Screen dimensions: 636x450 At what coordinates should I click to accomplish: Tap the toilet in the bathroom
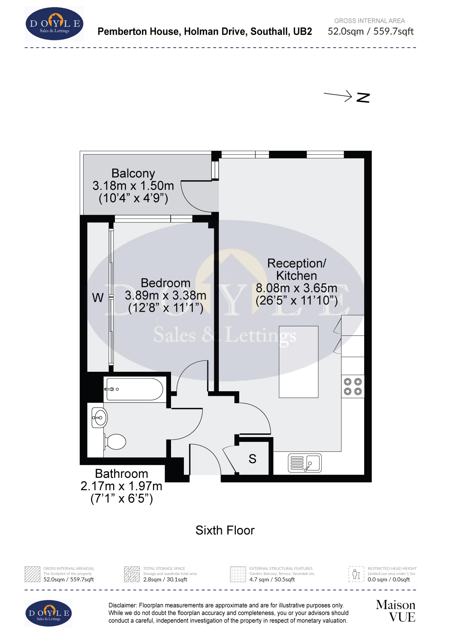[x=115, y=442]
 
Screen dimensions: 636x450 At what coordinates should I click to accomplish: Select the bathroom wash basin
[x=99, y=418]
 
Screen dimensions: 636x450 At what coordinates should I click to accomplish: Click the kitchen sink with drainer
[x=305, y=463]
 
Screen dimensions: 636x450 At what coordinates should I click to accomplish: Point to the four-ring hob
[x=353, y=387]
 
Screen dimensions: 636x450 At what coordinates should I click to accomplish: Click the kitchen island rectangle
[x=298, y=362]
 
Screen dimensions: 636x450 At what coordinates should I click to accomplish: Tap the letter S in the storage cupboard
[x=253, y=459]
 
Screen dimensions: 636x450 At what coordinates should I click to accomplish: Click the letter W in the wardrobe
[x=98, y=298]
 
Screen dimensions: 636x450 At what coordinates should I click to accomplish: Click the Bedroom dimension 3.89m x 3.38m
[x=165, y=296]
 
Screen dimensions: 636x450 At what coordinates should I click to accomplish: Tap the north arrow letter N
[x=363, y=98]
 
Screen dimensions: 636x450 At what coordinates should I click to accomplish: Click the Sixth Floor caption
[x=225, y=530]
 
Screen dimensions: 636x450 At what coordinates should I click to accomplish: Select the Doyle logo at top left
[x=54, y=24]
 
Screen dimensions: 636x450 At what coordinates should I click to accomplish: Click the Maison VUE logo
[x=396, y=611]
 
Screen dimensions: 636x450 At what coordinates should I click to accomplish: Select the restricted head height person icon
[x=356, y=574]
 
